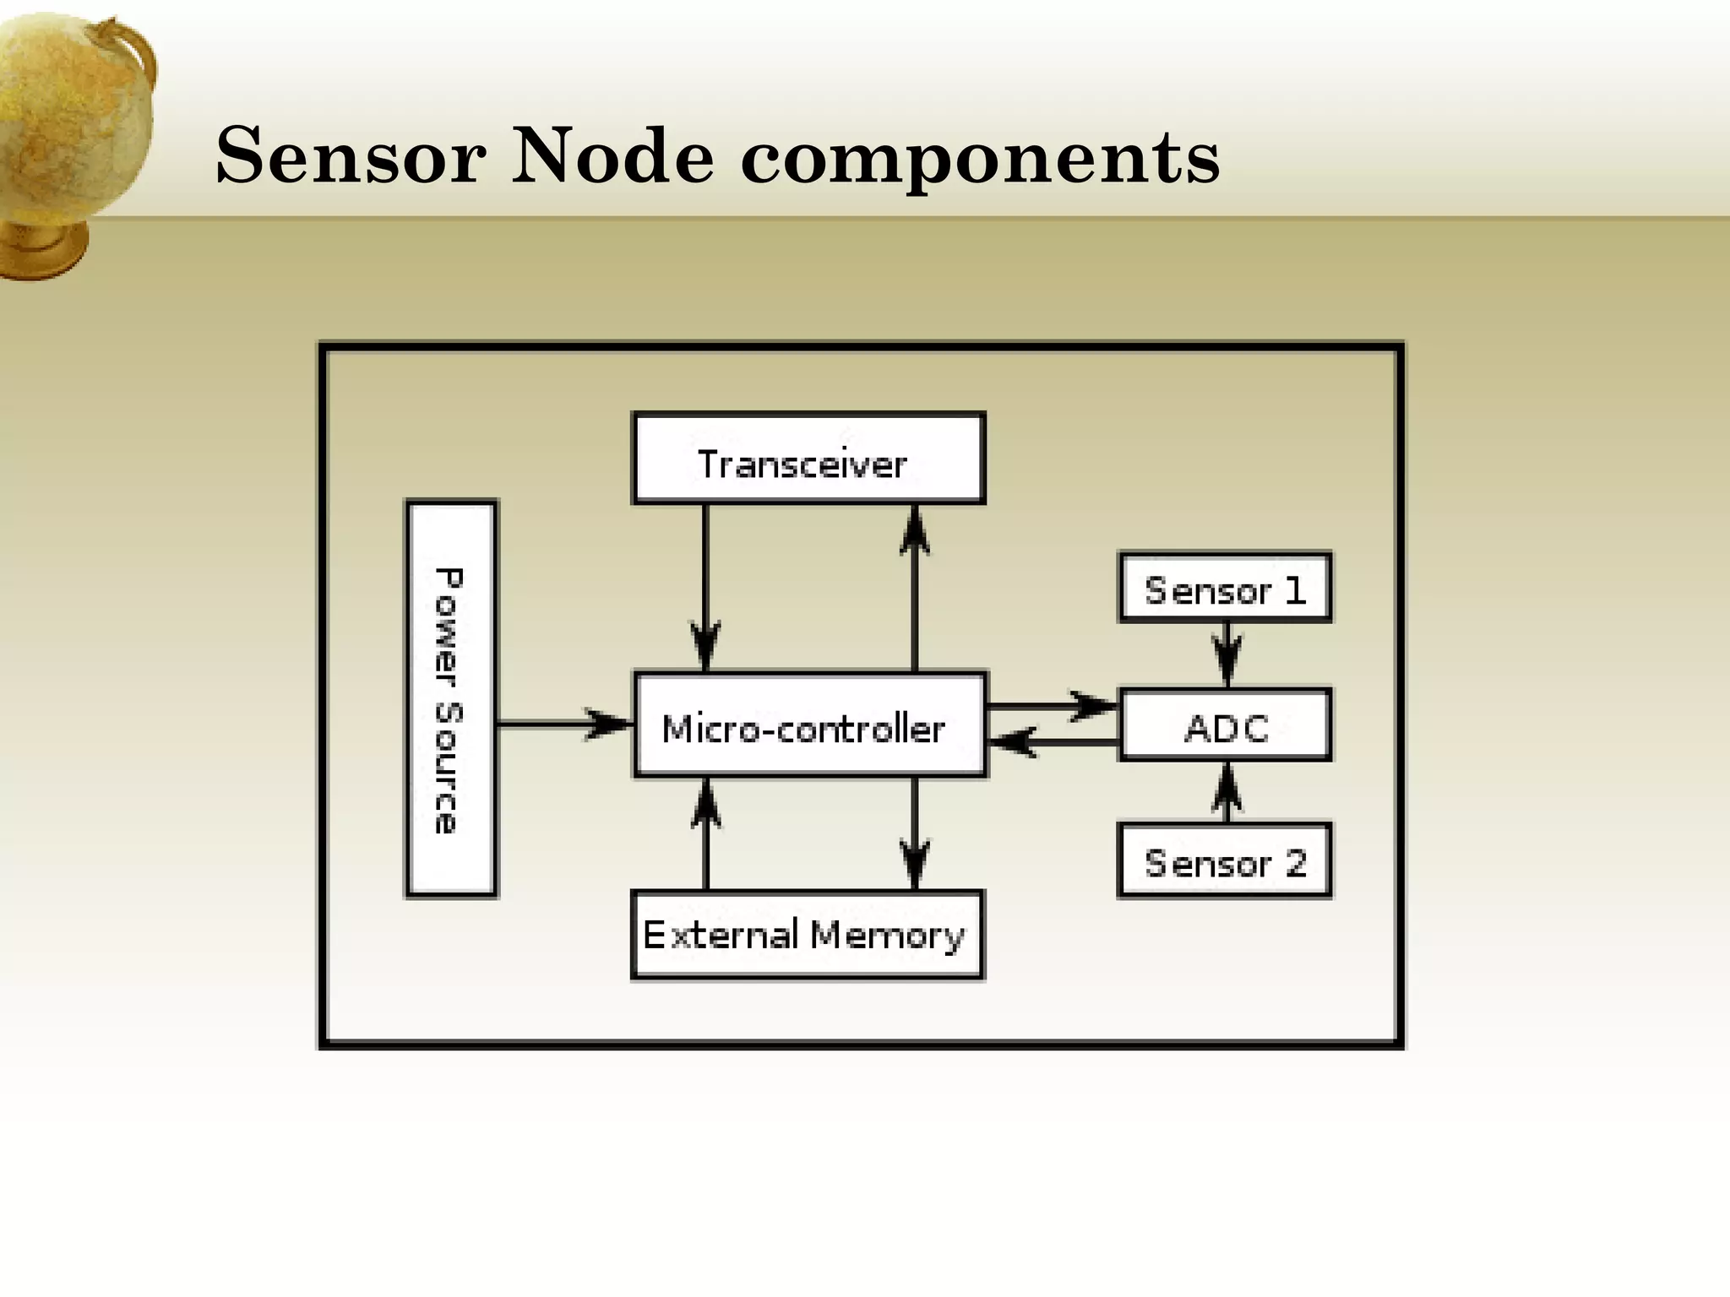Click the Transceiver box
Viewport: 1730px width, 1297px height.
[x=808, y=459]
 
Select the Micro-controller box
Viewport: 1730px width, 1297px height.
[x=809, y=724]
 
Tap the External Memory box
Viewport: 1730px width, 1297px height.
[x=807, y=935]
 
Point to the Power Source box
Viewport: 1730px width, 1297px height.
[x=451, y=698]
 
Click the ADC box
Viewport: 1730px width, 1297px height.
[x=1224, y=725]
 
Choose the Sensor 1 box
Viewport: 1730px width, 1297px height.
[x=1224, y=588]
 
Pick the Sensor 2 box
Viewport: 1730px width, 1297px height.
[x=1224, y=860]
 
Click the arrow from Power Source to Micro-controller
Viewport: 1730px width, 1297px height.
[x=564, y=724]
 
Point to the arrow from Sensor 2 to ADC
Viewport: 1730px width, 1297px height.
[x=1227, y=792]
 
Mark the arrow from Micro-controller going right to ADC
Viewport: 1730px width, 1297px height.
[x=1052, y=705]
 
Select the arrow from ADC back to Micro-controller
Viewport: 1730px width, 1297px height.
[x=1052, y=743]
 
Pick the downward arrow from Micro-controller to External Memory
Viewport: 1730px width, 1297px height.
[x=915, y=833]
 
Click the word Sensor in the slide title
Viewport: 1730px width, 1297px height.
[x=351, y=156]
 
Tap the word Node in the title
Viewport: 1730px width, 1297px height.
[x=612, y=156]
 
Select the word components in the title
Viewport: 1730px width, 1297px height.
[x=980, y=160]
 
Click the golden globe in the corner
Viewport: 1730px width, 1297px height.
[x=72, y=135]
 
